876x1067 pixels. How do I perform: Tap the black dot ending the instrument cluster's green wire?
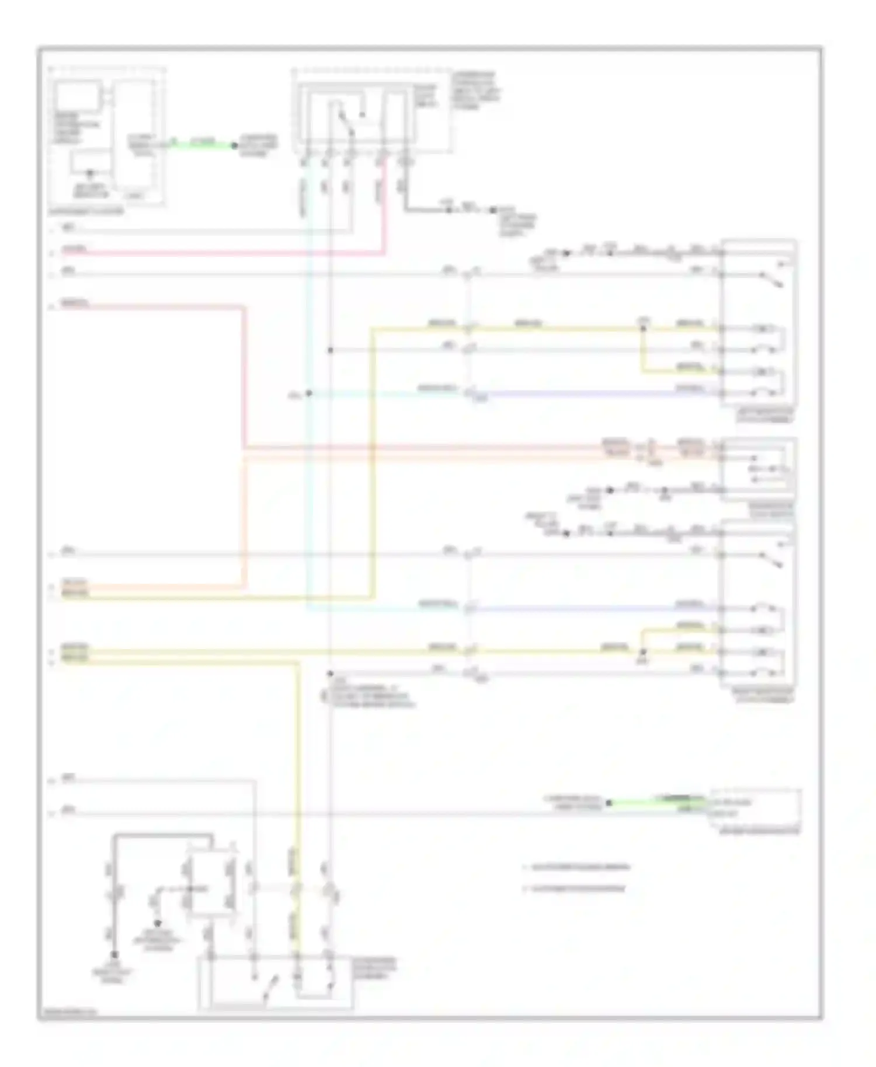click(235, 145)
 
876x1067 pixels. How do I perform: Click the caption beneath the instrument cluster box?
click(86, 211)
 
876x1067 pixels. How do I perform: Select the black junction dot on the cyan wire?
click(309, 393)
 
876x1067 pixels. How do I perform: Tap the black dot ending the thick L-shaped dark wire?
click(114, 955)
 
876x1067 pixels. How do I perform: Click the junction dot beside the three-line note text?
click(330, 673)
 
